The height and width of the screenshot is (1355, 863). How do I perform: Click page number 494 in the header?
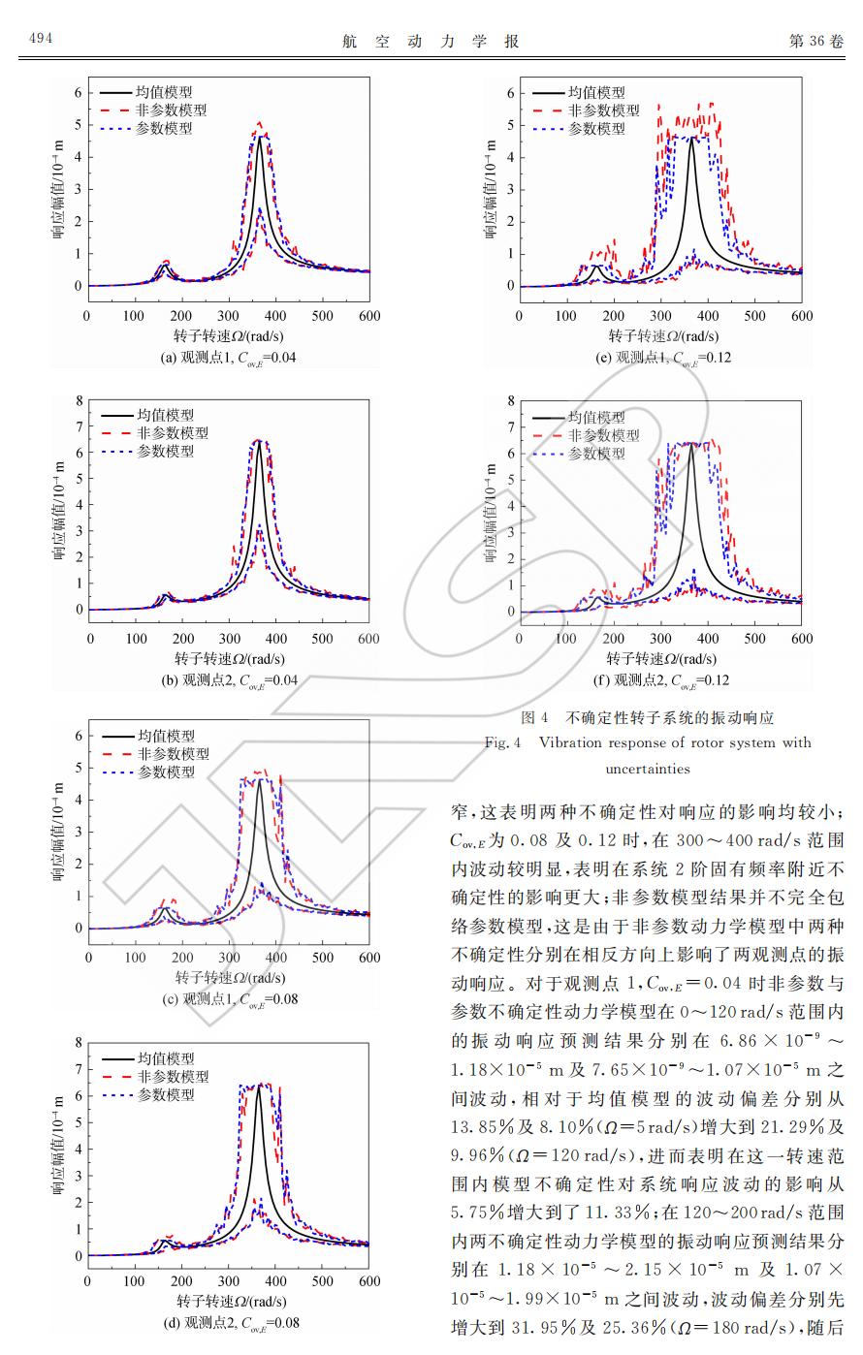[40, 39]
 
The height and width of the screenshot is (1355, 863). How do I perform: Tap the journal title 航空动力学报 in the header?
[431, 41]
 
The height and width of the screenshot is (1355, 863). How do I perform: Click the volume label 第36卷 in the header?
[816, 41]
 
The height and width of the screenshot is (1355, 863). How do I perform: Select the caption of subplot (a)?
[229, 358]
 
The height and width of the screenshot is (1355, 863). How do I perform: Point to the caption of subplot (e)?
[662, 358]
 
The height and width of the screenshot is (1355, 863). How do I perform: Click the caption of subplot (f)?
[662, 679]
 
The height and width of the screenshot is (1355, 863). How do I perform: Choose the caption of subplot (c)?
[229, 998]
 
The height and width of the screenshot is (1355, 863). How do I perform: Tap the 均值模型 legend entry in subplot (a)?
[163, 93]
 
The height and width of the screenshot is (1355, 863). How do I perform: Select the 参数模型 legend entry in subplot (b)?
[165, 451]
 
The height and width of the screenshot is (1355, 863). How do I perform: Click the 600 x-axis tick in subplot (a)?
[369, 316]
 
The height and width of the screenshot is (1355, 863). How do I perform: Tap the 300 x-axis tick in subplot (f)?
[661, 639]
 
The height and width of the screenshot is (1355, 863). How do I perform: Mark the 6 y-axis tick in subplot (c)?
[78, 736]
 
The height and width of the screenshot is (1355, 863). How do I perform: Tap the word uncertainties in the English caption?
[648, 769]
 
